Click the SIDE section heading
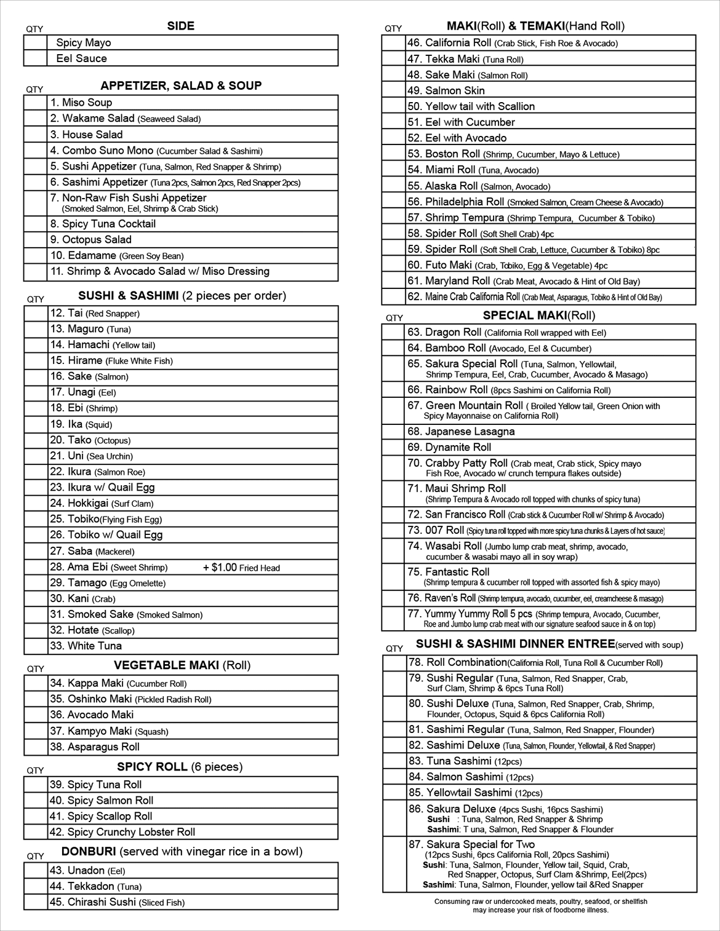coord(180,26)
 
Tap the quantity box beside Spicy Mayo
coord(36,42)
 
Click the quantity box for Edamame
coord(36,256)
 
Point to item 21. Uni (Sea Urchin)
coord(91,456)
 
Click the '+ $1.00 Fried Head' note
coord(241,568)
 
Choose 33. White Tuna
coord(86,646)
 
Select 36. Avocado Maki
coord(92,715)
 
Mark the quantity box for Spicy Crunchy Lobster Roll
coord(36,832)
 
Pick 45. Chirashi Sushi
coord(117,903)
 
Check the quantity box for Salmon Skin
coord(394,90)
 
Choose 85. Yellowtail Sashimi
coord(475,793)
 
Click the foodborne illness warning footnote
coord(540,906)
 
